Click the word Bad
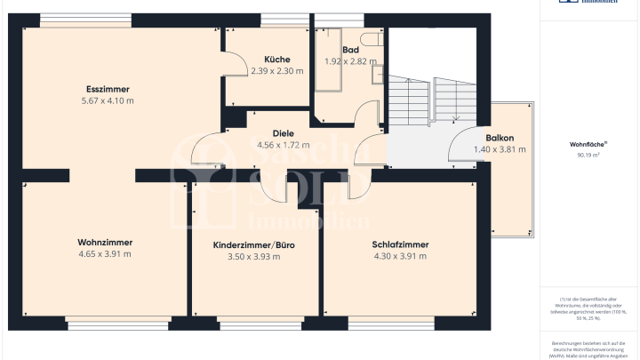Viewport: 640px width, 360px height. coord(350,51)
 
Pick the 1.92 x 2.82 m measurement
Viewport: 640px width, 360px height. coord(350,62)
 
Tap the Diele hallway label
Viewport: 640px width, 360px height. coord(284,133)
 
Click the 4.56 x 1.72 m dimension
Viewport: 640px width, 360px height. coord(284,145)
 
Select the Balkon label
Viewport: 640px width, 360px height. coord(500,138)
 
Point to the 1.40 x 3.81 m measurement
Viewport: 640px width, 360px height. coord(500,149)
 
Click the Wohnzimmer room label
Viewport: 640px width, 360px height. coord(105,243)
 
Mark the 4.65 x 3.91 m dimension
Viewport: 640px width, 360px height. coord(105,254)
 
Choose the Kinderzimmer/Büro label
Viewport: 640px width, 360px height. coord(253,245)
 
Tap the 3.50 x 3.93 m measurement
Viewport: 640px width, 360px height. coord(253,257)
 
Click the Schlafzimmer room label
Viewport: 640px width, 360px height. coord(400,244)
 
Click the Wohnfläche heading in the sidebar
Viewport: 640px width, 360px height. coord(588,144)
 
